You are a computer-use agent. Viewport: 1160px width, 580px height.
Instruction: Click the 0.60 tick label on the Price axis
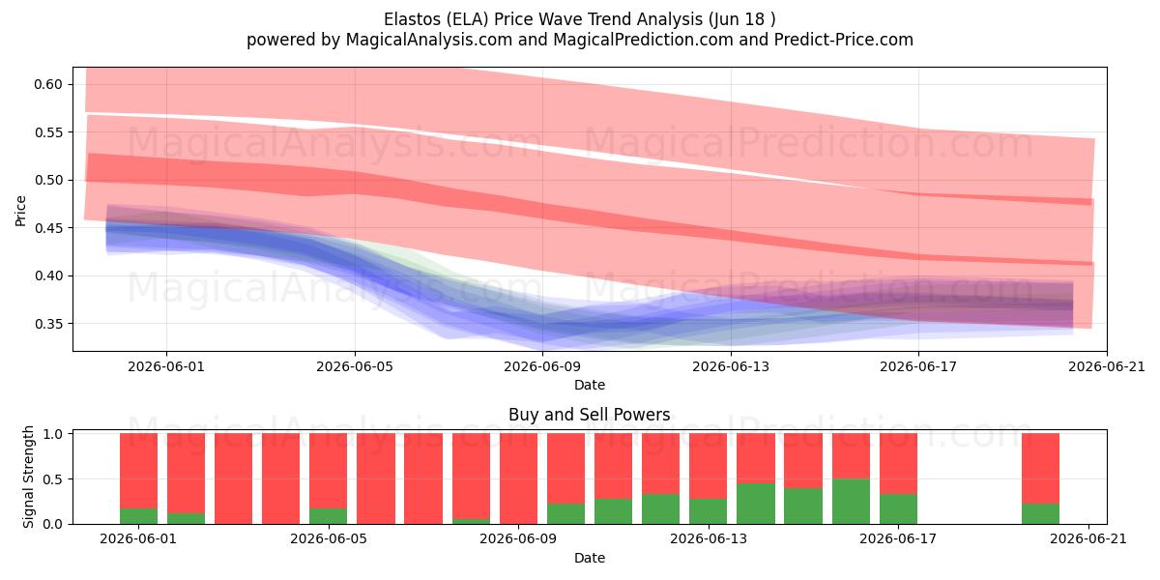(48, 84)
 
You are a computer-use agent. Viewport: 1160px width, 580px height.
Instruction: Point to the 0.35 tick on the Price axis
(48, 324)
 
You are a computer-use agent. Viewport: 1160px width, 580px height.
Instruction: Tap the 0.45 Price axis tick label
(48, 228)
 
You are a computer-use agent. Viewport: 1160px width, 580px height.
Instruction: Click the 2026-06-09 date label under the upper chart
(542, 366)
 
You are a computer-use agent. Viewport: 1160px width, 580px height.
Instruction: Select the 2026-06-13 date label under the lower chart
(708, 538)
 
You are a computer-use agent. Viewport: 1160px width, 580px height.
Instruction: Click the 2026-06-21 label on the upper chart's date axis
(1107, 366)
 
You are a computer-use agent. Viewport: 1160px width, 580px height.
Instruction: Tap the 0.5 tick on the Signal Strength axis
(53, 479)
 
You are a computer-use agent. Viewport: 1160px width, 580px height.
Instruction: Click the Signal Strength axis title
(28, 477)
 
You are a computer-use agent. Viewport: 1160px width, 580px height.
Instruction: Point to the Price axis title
(20, 211)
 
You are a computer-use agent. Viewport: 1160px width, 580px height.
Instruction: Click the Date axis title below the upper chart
(590, 385)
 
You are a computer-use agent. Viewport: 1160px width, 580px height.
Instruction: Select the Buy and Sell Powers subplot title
(590, 415)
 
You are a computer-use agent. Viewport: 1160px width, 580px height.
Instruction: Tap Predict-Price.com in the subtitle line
(844, 40)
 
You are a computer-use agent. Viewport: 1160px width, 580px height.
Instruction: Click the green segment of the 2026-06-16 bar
(851, 502)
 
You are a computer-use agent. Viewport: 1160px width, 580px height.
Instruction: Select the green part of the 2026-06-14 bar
(756, 504)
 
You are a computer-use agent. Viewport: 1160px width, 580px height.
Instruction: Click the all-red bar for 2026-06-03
(234, 478)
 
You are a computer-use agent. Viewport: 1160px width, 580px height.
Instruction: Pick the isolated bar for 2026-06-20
(1040, 478)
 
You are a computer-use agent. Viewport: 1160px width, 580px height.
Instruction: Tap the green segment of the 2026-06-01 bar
(138, 516)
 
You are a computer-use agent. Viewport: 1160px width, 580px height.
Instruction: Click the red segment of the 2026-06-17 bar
(898, 463)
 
